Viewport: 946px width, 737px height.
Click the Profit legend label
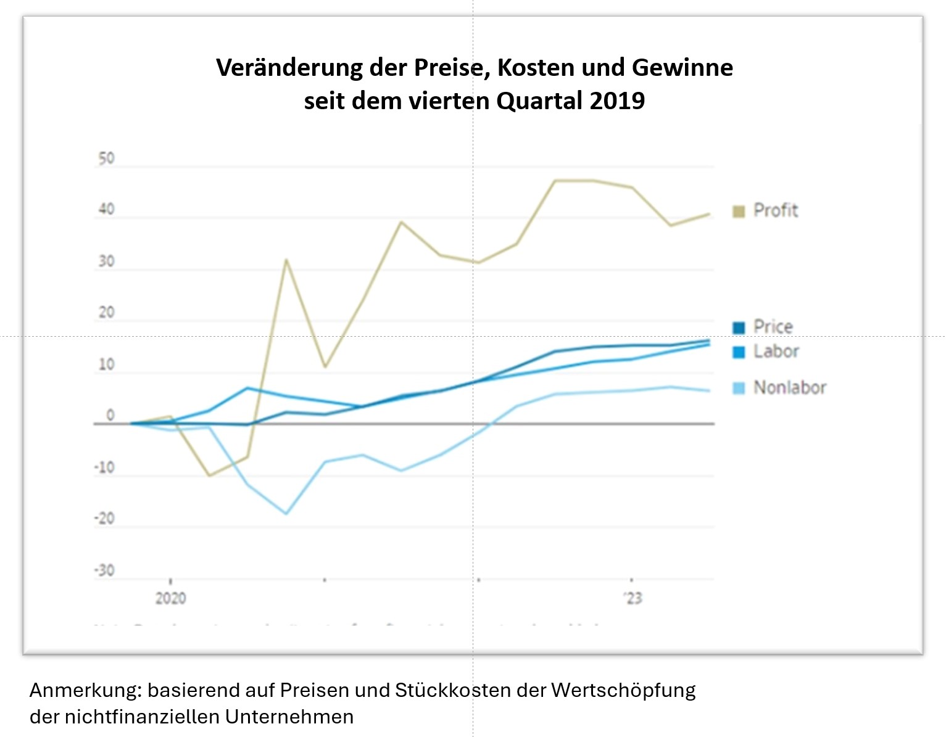click(776, 211)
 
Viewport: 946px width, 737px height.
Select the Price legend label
click(773, 327)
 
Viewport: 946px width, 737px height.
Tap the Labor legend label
click(776, 352)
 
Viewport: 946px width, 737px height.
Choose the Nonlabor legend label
click(789, 388)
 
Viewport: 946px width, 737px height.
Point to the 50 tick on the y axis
click(107, 159)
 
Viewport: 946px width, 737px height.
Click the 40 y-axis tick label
click(107, 210)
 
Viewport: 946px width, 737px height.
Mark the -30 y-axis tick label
click(105, 570)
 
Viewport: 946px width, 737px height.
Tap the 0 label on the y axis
click(110, 416)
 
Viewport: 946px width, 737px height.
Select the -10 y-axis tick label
click(105, 467)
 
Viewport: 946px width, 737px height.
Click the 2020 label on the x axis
click(170, 598)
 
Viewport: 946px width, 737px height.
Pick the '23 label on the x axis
click(633, 598)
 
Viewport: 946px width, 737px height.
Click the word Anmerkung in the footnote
click(85, 690)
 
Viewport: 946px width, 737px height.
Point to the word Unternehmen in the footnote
click(289, 717)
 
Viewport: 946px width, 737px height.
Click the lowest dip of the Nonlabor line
click(286, 513)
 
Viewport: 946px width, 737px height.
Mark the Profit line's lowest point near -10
click(209, 476)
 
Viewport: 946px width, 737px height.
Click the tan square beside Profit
click(739, 212)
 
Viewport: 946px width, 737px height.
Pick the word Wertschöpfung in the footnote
click(623, 690)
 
